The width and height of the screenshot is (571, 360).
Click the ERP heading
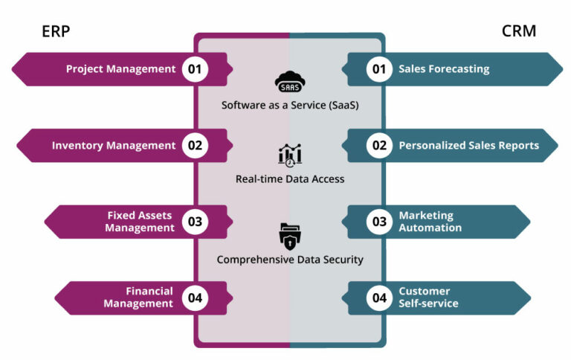click(x=56, y=31)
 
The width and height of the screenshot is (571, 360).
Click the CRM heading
click(x=518, y=31)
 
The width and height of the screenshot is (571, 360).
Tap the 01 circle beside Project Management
click(x=195, y=69)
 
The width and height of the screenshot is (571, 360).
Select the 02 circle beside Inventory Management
click(x=195, y=146)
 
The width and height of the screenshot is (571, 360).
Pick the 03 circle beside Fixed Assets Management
click(x=195, y=222)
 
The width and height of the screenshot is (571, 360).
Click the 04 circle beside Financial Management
click(x=195, y=298)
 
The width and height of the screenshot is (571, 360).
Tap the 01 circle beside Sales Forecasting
click(x=380, y=69)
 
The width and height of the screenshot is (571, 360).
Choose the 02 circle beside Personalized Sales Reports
click(x=380, y=146)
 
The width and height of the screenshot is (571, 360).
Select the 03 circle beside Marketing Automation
click(x=380, y=222)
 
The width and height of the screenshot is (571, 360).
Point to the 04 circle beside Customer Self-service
click(x=380, y=298)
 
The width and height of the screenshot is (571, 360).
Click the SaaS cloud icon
click(x=290, y=80)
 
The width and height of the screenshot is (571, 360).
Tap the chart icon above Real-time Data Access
click(x=290, y=155)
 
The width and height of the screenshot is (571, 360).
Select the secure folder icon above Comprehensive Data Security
click(x=290, y=236)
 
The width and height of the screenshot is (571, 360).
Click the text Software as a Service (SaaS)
click(x=290, y=105)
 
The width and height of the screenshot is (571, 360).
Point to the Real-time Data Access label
click(x=290, y=179)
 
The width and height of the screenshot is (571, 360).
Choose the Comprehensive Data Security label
click(x=290, y=260)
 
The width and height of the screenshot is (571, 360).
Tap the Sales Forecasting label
click(x=444, y=69)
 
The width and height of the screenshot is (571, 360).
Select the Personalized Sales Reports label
click(x=468, y=146)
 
